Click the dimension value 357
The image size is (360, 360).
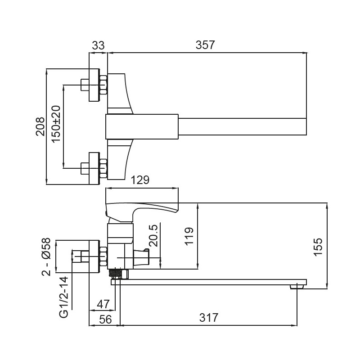point(205,45)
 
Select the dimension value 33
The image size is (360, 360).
point(98,45)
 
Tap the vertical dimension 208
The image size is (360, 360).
point(40,126)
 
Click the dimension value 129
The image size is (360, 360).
point(140,180)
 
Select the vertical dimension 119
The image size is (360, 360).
point(189,236)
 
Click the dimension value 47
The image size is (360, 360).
point(103,304)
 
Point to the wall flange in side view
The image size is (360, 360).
point(94,256)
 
